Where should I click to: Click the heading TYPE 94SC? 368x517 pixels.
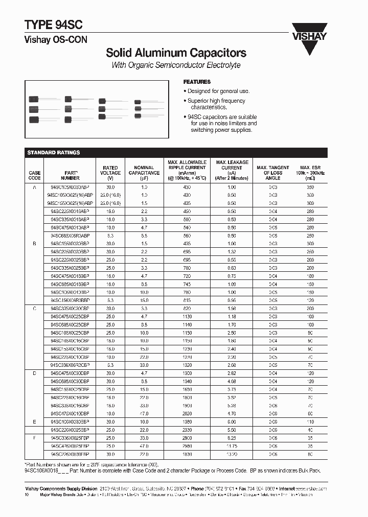54,26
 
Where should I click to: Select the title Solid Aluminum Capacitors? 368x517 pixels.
176,53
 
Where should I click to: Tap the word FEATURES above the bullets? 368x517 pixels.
197,82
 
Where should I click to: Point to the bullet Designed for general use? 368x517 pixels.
218,91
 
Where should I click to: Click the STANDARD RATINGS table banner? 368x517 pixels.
54,152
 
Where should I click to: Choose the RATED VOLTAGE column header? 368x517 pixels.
110,173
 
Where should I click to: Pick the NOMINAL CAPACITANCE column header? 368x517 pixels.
144,173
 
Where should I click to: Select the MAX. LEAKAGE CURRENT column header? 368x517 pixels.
232,170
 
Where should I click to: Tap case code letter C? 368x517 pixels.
35,309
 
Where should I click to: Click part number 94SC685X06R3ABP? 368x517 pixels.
70,236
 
